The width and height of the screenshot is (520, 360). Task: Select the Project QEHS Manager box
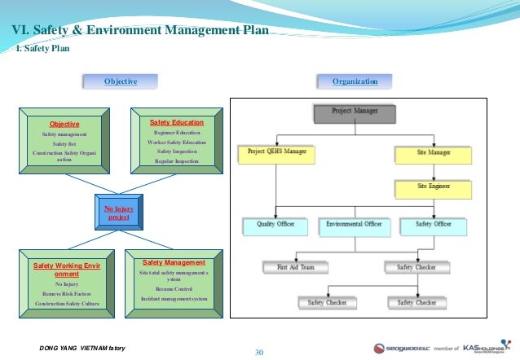coord(276,151)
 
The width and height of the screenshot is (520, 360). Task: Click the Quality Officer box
coord(275,223)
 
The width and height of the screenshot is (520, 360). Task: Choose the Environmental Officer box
coord(354,223)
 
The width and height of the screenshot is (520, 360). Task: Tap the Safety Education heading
coord(177,121)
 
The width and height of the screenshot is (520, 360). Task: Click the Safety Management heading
coord(174,263)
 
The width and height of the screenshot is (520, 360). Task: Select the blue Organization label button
coord(355,81)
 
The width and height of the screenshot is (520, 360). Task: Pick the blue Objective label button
coord(120,81)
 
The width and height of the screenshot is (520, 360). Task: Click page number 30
coord(260,352)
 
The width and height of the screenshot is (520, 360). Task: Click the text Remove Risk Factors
coord(67,293)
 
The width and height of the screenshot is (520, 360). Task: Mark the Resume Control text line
coord(174,289)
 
